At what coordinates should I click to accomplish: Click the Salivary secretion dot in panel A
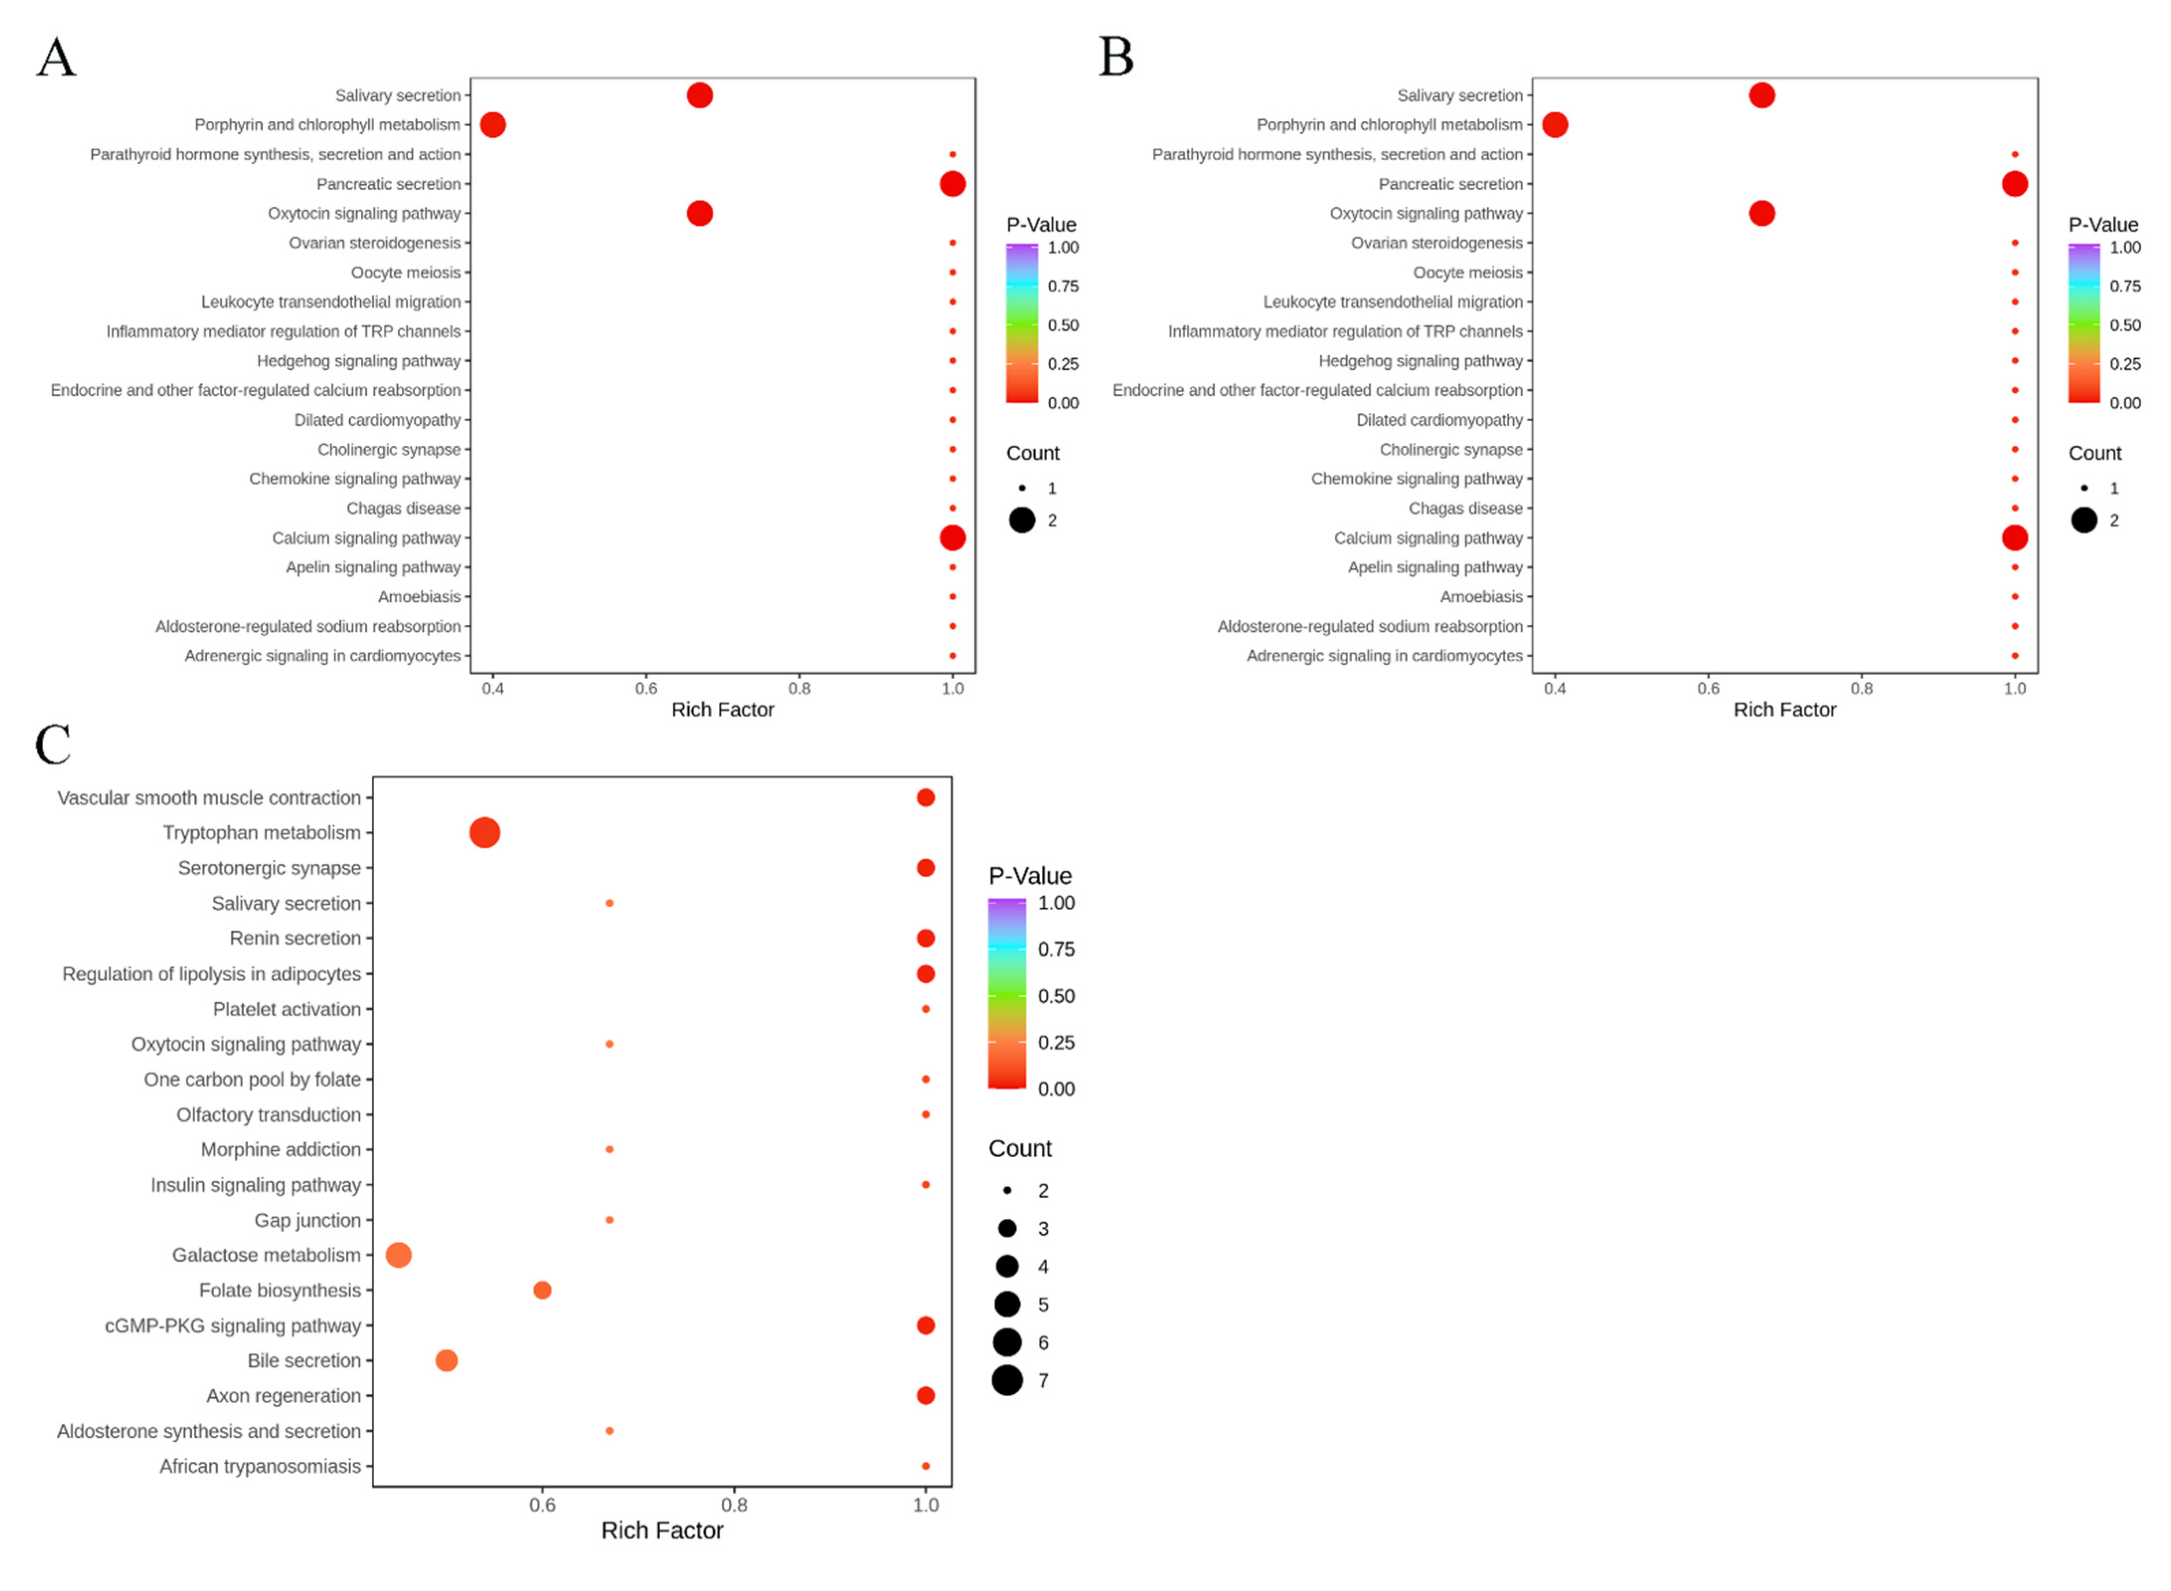tap(699, 95)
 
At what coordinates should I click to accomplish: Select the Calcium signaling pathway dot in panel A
tap(952, 538)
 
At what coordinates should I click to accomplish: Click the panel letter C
tap(53, 744)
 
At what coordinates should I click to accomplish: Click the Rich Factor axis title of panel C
tap(661, 1530)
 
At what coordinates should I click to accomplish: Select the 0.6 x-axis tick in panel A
tap(646, 689)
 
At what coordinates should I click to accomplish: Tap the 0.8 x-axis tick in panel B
tap(1861, 689)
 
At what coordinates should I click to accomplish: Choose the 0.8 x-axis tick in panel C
tap(734, 1505)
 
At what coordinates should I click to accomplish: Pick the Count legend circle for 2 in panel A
tap(1021, 520)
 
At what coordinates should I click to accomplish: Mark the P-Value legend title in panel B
tap(2102, 225)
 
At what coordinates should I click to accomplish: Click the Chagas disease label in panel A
tap(403, 508)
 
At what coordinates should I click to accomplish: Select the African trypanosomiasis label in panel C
tap(260, 1466)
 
